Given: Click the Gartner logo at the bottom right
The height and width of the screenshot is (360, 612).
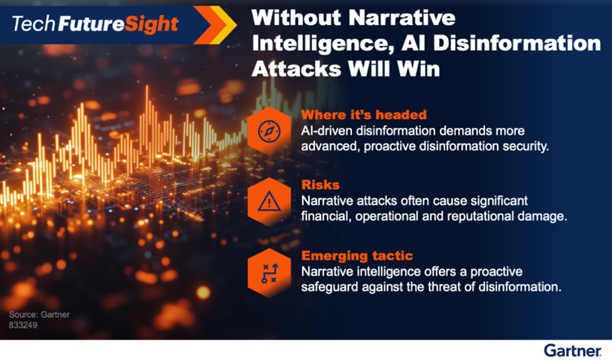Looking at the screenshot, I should (x=572, y=350).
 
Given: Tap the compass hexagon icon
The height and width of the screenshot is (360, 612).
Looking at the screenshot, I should (x=269, y=130).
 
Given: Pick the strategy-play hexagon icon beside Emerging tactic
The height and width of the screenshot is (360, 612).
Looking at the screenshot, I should (x=269, y=271).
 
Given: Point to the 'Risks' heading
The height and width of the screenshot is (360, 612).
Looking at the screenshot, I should (x=320, y=185).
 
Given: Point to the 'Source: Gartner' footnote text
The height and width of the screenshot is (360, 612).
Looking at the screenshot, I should (x=39, y=314).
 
